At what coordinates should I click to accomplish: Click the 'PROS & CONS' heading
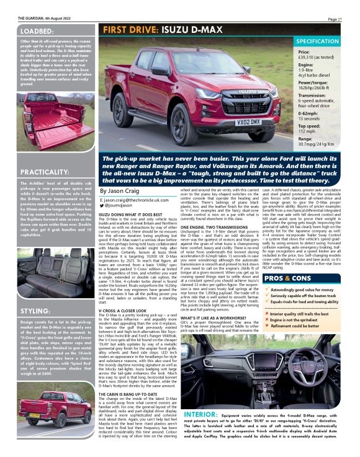click(286, 262)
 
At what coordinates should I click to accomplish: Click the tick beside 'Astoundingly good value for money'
click(268, 272)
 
